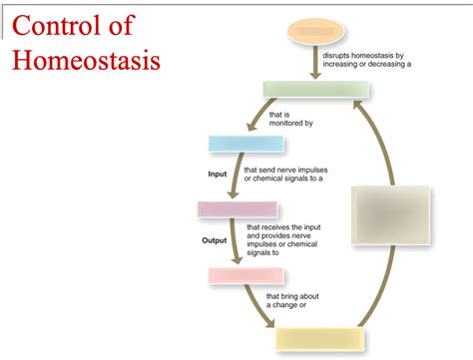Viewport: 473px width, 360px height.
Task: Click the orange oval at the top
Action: click(316, 31)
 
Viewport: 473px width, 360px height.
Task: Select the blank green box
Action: click(316, 90)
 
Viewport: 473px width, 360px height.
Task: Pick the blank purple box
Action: click(236, 208)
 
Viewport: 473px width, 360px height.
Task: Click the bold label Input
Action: click(218, 175)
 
